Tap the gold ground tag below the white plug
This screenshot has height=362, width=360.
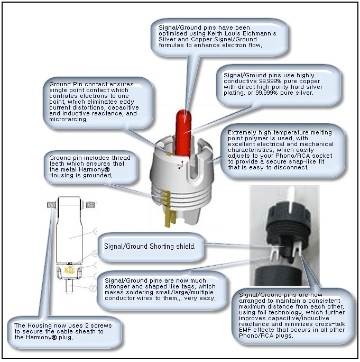pyautogui.click(x=170, y=218)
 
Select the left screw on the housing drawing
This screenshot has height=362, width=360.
pyautogui.click(x=52, y=204)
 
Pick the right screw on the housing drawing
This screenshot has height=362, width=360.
pyautogui.click(x=90, y=204)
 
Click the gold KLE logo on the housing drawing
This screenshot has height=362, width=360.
pyautogui.click(x=69, y=270)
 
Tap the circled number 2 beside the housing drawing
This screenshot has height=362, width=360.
pyautogui.click(x=93, y=288)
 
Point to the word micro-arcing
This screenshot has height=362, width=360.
pyautogui.click(x=68, y=120)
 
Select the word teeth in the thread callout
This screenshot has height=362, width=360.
pyautogui.click(x=57, y=164)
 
